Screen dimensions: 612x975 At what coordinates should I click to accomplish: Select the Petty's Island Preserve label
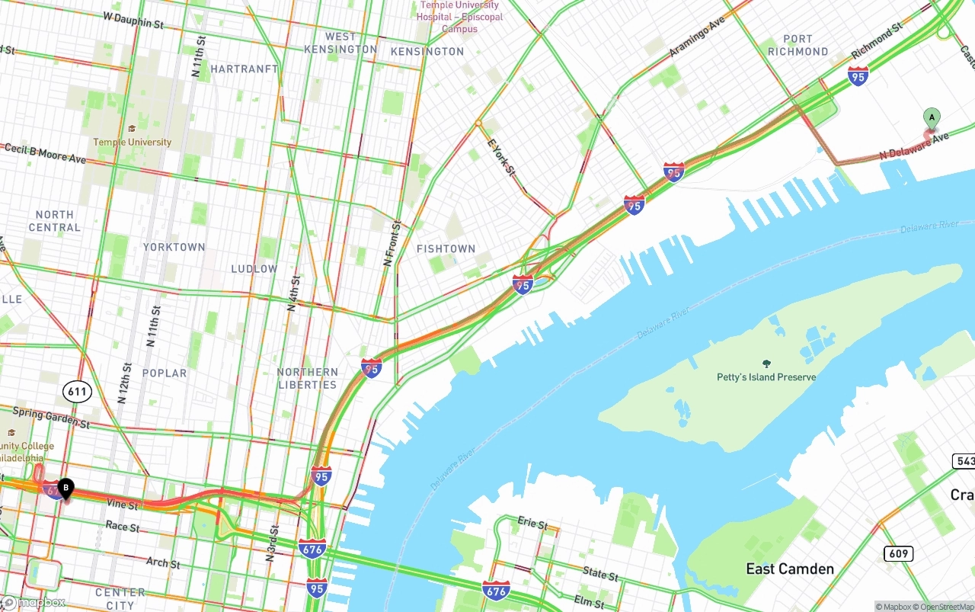click(x=766, y=377)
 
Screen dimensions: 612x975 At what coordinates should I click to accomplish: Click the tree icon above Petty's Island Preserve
click(x=766, y=364)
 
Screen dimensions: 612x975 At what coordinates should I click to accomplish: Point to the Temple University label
click(x=133, y=142)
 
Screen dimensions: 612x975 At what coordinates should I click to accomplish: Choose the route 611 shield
click(x=78, y=393)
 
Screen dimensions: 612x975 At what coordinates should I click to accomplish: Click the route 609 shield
click(x=898, y=553)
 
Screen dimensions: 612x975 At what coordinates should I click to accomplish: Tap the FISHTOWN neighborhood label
click(x=446, y=249)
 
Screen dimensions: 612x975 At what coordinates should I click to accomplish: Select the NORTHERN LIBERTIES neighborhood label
click(x=307, y=379)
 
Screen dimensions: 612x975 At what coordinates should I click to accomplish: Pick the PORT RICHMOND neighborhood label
click(x=798, y=45)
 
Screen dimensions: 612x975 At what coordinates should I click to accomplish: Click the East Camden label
click(x=789, y=569)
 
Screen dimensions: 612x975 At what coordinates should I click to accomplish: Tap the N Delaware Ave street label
click(x=914, y=146)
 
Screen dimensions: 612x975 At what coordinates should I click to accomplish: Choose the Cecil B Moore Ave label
click(x=45, y=153)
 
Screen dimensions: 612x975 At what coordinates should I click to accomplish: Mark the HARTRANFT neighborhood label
click(x=244, y=69)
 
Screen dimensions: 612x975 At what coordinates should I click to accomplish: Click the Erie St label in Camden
click(x=532, y=525)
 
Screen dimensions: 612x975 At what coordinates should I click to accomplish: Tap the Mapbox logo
click(x=34, y=603)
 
